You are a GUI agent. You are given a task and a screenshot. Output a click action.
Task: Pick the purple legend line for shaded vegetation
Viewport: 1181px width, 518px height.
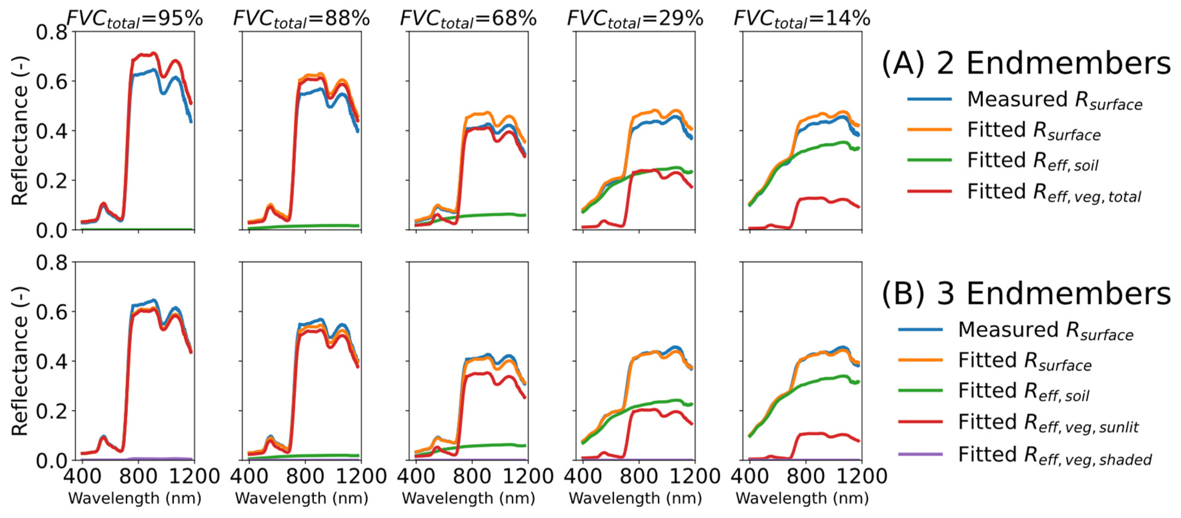(920, 454)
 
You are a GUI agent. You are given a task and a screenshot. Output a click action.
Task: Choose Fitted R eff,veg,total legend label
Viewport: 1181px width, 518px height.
(1054, 192)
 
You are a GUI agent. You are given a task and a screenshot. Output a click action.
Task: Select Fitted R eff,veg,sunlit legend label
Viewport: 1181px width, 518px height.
(1048, 422)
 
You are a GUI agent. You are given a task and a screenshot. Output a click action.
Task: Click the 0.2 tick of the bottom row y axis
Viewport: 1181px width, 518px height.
(51, 411)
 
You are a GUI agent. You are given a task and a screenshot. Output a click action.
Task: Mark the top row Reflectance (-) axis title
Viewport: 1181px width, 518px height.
(20, 131)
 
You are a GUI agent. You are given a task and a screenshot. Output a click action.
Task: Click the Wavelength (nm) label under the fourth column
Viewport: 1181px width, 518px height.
(635, 498)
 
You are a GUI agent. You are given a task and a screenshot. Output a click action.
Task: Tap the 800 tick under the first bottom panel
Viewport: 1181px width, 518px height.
(138, 476)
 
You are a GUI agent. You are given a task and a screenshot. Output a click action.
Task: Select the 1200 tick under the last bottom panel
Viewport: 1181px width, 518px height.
(862, 476)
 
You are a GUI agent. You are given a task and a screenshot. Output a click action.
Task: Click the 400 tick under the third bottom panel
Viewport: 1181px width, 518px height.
(416, 476)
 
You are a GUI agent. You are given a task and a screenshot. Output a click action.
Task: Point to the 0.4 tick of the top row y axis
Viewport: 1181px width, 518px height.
(51, 131)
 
